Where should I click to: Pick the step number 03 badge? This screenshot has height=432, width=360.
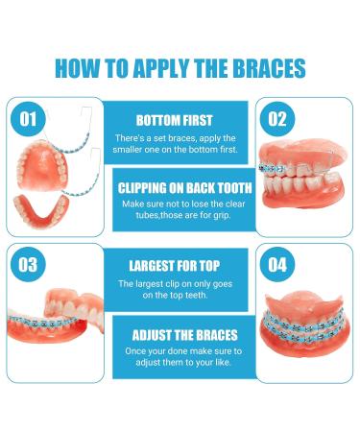tap(30, 261)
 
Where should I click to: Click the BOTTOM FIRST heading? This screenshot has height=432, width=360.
tap(180, 122)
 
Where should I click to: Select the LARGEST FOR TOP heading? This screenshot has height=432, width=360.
tap(180, 265)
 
